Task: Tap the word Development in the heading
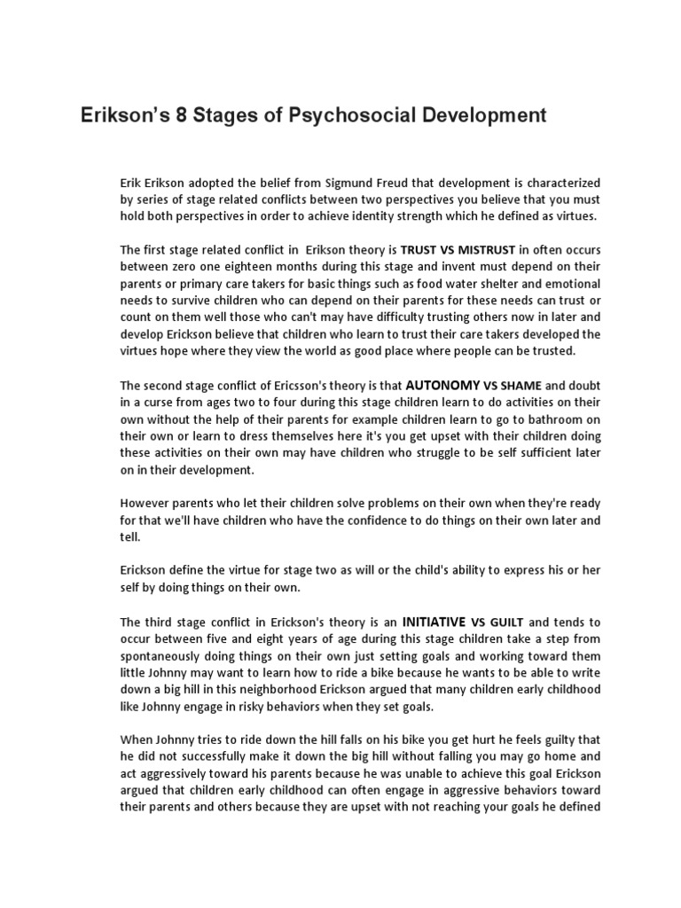pyautogui.click(x=478, y=115)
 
